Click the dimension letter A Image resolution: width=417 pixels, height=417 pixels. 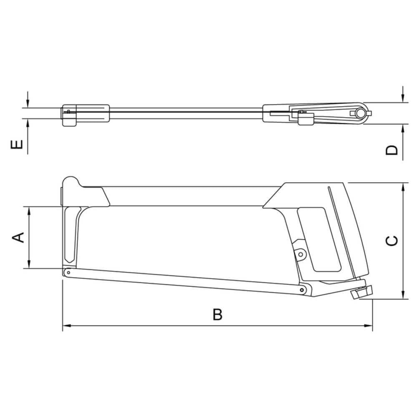(18, 237)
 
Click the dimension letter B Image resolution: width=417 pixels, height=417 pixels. (218, 314)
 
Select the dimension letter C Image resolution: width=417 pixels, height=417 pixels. (392, 241)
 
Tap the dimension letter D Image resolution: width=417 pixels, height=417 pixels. (392, 150)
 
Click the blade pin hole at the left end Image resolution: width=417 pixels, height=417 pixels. (69, 272)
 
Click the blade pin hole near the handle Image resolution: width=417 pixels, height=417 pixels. (301, 290)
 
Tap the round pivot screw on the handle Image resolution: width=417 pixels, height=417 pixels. (301, 254)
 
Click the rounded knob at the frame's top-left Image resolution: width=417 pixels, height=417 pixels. (70, 182)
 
